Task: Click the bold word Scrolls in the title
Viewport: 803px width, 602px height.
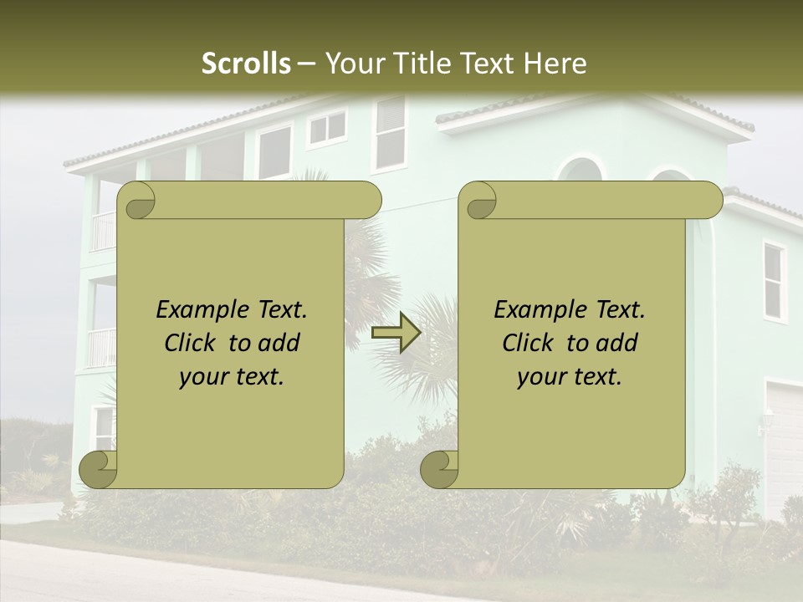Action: click(246, 64)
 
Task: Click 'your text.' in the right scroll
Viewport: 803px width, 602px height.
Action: click(570, 377)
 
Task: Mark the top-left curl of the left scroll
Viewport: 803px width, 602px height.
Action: click(136, 201)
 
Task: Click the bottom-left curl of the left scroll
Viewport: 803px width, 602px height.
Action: click(99, 469)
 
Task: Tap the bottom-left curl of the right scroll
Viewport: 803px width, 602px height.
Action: click(440, 469)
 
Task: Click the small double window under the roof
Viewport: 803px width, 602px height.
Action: click(326, 128)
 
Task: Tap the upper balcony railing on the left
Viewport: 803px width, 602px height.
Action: click(102, 231)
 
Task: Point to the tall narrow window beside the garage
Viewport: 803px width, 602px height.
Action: click(774, 281)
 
